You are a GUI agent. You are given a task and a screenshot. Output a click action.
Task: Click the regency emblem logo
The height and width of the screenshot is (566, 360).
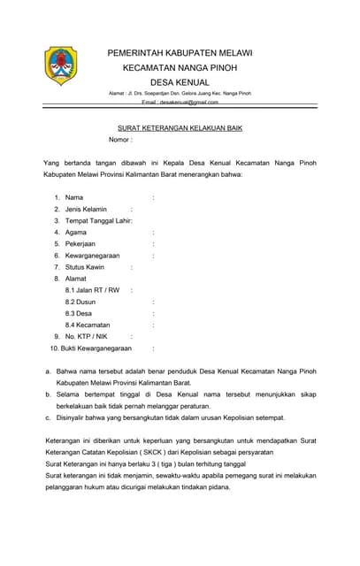(61, 65)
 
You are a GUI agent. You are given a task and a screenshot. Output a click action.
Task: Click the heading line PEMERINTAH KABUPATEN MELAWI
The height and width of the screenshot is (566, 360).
(180, 53)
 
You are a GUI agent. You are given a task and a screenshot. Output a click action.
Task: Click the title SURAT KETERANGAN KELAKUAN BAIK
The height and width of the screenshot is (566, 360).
(180, 128)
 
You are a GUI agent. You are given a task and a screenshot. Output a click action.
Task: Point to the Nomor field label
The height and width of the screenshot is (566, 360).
(119, 141)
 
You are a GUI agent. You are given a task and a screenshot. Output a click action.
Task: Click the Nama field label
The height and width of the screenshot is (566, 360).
(75, 196)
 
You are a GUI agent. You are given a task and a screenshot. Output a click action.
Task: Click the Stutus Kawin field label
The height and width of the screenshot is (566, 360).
(85, 266)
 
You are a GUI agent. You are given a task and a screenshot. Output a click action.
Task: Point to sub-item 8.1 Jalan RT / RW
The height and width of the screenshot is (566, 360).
(92, 290)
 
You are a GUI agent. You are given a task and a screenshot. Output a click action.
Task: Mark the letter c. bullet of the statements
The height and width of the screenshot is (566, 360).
(48, 417)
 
